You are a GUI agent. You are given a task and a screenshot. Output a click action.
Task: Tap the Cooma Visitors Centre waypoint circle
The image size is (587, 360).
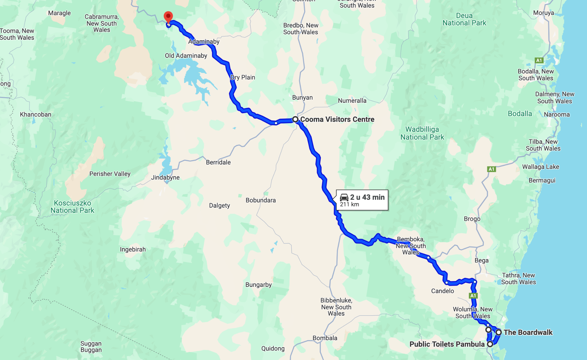(x=295, y=119)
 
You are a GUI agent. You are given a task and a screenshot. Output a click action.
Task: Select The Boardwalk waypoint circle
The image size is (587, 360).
(x=498, y=332)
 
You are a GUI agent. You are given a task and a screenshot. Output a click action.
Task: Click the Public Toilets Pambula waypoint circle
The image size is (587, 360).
(x=490, y=344)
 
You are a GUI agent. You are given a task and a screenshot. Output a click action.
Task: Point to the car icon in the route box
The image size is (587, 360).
(x=344, y=197)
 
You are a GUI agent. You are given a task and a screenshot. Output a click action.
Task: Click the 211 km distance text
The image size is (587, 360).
(x=349, y=204)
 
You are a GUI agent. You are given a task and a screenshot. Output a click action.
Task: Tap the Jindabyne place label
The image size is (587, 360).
(x=165, y=177)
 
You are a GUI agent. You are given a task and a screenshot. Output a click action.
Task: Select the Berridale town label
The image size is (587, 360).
(x=218, y=162)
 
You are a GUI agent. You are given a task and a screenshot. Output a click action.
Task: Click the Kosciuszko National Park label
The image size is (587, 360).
(x=72, y=207)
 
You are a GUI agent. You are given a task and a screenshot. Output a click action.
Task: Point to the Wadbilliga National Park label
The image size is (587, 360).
(x=422, y=133)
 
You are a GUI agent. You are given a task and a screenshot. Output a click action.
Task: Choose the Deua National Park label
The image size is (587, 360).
(x=464, y=19)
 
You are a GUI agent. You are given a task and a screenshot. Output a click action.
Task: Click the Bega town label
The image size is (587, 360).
(x=482, y=260)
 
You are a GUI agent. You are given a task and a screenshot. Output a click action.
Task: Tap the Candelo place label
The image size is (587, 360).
(x=442, y=291)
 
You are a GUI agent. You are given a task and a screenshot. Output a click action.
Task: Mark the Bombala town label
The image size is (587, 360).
(x=325, y=338)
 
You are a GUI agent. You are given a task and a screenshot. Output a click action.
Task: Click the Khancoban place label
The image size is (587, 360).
(x=35, y=114)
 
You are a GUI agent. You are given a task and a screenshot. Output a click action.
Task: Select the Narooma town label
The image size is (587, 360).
(x=557, y=114)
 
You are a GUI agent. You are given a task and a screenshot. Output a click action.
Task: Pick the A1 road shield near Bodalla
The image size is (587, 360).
(x=539, y=60)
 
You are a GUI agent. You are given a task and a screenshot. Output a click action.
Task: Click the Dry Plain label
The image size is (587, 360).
(x=243, y=77)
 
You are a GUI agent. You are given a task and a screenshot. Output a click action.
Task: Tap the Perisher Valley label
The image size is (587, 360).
(x=110, y=174)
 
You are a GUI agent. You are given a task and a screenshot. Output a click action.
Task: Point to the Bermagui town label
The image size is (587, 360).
(x=542, y=180)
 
